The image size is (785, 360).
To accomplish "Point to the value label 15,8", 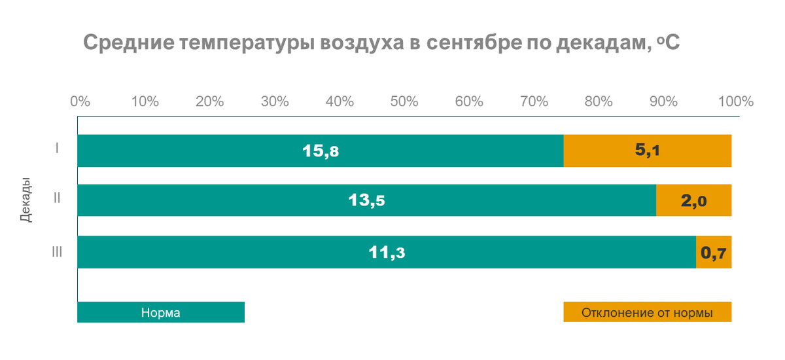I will click(x=321, y=151).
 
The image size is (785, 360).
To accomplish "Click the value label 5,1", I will click(x=647, y=151).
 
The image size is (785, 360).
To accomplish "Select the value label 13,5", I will click(x=366, y=201).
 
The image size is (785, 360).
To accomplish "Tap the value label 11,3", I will click(x=387, y=252).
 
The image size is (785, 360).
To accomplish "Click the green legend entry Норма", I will click(x=160, y=313).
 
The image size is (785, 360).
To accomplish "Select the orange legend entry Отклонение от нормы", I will click(x=647, y=313).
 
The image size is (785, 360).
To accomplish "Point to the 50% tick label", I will click(x=404, y=101).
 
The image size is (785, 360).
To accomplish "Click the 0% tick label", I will click(x=80, y=101).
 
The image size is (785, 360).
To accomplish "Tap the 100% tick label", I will click(x=735, y=101).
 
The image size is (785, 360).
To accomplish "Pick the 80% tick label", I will click(x=599, y=101).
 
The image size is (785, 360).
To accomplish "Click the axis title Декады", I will click(x=26, y=200).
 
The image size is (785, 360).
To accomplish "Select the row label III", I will click(x=57, y=252).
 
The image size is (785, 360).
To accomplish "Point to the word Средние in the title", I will click(x=126, y=44).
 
